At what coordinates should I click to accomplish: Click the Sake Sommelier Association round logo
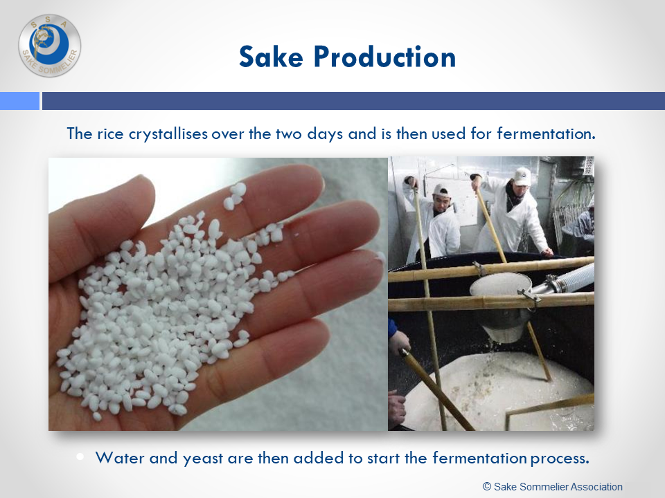(x=50, y=46)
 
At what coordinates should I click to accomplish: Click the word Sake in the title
(x=271, y=57)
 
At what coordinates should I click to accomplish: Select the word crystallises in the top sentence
(x=168, y=134)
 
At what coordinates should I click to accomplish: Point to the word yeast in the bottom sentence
(x=203, y=459)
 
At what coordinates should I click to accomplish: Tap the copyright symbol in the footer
(x=487, y=487)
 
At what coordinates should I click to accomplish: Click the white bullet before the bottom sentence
(x=80, y=456)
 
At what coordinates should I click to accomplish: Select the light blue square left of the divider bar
(x=19, y=101)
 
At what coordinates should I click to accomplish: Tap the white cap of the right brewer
(x=522, y=176)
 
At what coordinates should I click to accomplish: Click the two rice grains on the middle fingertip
(x=235, y=196)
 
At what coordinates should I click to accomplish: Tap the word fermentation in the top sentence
(x=547, y=133)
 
